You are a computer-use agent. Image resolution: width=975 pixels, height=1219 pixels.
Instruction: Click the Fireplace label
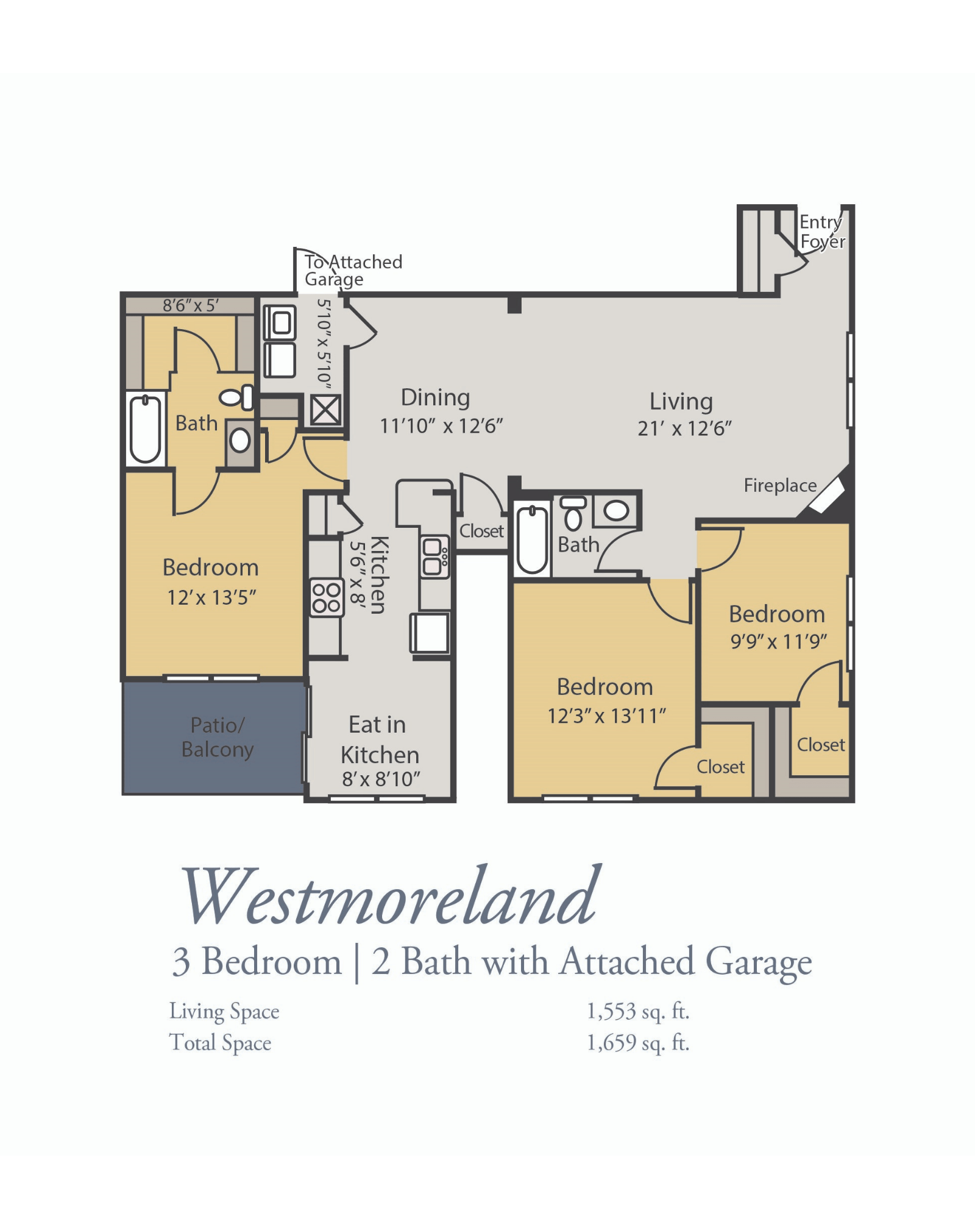click(779, 486)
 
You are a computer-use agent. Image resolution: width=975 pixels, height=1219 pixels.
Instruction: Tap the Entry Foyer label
click(821, 232)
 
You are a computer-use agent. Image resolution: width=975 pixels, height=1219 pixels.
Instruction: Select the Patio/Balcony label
click(217, 737)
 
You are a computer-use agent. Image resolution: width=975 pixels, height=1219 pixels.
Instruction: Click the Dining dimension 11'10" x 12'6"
click(441, 426)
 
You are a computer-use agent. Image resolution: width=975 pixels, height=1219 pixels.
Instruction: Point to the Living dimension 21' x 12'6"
click(684, 428)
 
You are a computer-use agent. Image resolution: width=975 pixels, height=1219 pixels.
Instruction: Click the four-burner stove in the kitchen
click(326, 598)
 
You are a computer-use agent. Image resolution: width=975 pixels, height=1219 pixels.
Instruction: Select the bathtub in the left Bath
click(146, 428)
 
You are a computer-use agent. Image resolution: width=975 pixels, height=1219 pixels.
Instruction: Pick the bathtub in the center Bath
click(532, 540)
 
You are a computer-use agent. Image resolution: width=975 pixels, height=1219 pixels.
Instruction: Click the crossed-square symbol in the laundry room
click(325, 410)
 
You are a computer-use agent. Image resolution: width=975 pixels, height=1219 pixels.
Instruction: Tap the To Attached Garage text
click(352, 270)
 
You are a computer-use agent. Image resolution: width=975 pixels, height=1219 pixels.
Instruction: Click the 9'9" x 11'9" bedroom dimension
click(778, 641)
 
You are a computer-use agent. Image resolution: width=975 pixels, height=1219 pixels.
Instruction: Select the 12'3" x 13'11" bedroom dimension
click(606, 716)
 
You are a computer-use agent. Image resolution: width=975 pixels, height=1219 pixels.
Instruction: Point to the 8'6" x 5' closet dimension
click(190, 305)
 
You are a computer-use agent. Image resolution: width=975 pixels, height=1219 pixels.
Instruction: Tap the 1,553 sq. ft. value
click(637, 1012)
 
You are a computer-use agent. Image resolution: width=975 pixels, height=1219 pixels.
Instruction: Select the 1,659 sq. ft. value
click(637, 1043)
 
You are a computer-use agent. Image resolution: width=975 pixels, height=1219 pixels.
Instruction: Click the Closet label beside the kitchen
click(481, 531)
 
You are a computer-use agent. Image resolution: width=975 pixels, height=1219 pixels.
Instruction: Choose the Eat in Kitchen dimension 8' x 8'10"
click(381, 779)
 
